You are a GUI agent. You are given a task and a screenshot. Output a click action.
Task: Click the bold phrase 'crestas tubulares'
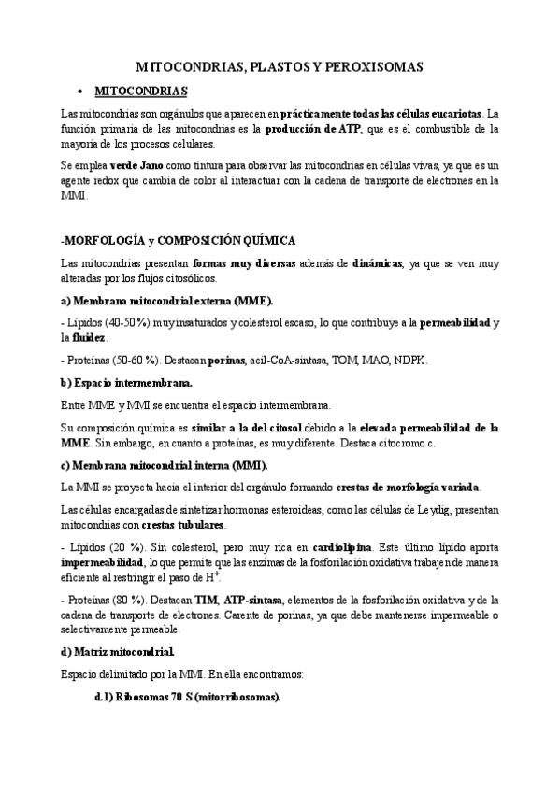[x=179, y=525]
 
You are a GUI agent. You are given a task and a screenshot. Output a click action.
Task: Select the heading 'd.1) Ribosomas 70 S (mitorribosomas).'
[x=188, y=697]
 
